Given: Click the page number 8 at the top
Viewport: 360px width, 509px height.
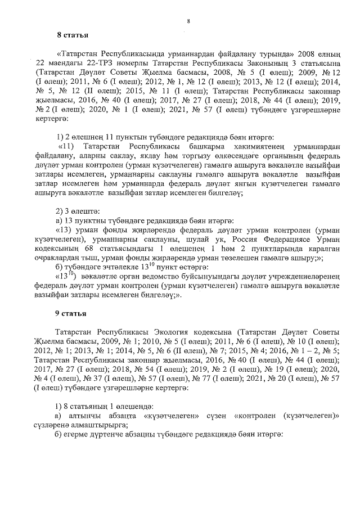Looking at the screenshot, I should (188, 21).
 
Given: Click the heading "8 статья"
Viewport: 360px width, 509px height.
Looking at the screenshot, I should (73, 36).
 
